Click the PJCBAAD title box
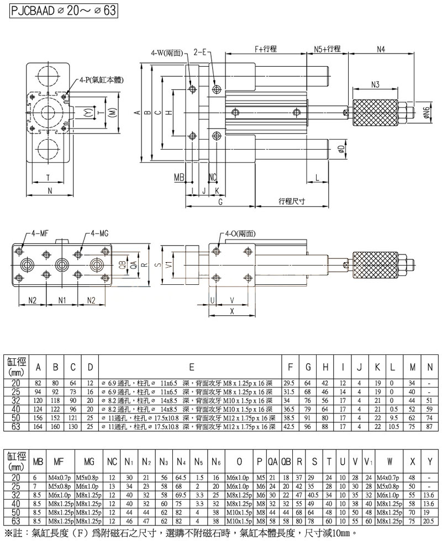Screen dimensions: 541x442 pos(65,10)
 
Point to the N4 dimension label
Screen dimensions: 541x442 pos(381,49)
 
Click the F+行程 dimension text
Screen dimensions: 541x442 pos(266,49)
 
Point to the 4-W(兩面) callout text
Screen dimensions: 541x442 pos(168,53)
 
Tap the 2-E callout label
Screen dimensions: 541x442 pos(199,53)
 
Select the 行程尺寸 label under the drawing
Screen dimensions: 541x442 pos(291,202)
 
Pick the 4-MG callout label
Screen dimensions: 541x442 pos(100,234)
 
